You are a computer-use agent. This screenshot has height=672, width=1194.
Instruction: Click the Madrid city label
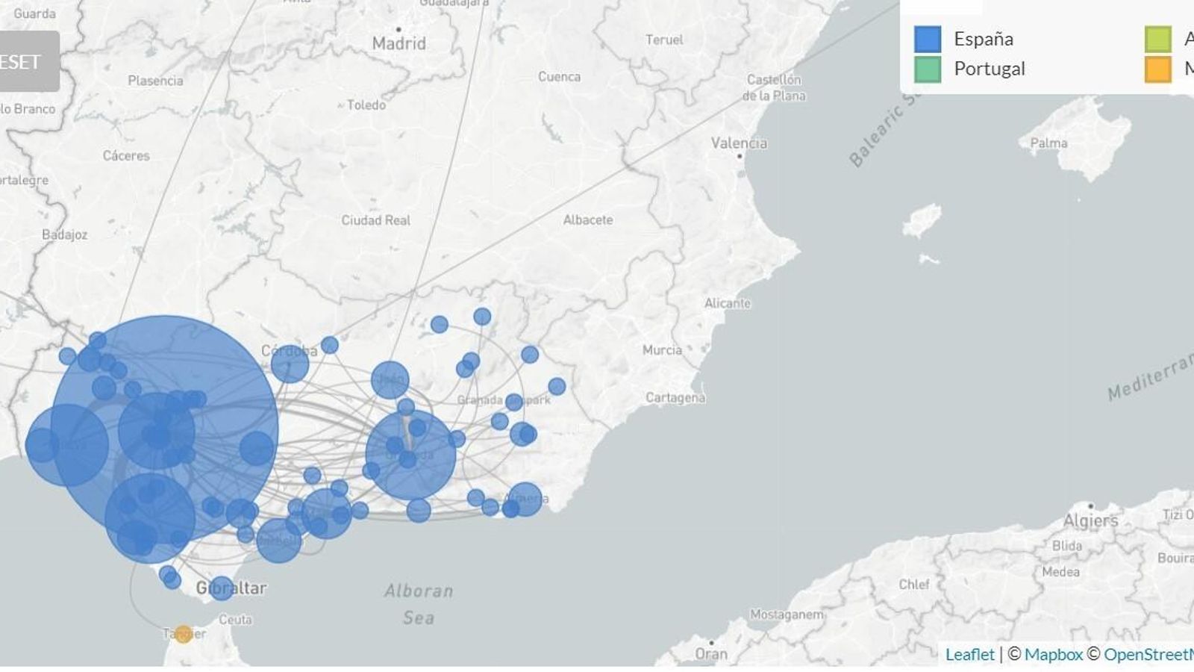click(398, 43)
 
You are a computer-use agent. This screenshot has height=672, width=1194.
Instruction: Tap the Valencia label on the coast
click(738, 143)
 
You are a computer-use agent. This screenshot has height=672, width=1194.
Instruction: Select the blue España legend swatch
click(927, 39)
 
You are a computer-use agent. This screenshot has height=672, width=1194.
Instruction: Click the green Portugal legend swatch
click(927, 69)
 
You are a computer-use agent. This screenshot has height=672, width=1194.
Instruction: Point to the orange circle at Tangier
click(183, 635)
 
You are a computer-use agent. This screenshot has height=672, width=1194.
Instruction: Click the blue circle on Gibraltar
click(221, 588)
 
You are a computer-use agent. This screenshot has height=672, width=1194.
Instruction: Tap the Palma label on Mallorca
click(1048, 143)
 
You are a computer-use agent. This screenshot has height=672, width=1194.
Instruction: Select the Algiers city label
click(1090, 520)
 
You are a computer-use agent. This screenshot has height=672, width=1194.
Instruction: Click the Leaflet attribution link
click(969, 655)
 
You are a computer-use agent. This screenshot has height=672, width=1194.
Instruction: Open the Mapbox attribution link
click(1053, 655)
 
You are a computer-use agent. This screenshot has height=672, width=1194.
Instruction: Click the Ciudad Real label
click(375, 220)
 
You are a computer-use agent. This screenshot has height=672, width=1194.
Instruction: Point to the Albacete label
click(588, 220)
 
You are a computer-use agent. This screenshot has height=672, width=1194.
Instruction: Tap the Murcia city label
click(662, 349)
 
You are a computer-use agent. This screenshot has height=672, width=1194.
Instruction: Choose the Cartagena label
click(675, 397)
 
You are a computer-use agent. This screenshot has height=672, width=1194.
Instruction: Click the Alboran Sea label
click(419, 603)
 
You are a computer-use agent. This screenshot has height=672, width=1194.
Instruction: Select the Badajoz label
click(64, 234)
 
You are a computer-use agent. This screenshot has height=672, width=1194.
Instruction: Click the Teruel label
click(663, 40)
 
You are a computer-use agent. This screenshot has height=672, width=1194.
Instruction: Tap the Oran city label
click(710, 654)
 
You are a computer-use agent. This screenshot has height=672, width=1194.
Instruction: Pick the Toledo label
click(366, 105)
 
